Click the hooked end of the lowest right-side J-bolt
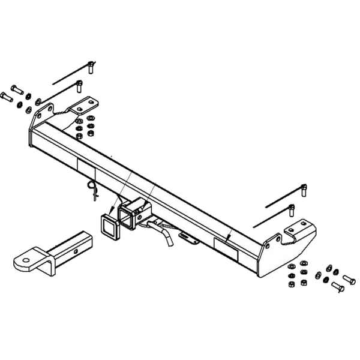[x=292, y=211]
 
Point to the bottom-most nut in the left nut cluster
[x=79, y=137]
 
